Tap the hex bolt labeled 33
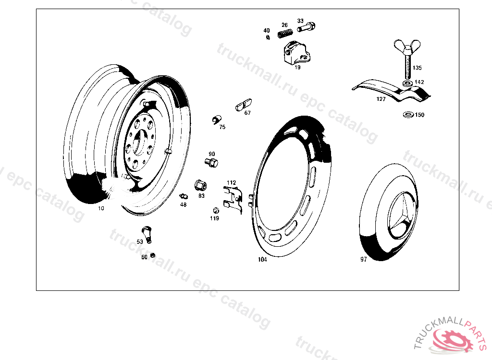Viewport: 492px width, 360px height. click(306, 27)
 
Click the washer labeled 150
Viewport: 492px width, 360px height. click(408, 114)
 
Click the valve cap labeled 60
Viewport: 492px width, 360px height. click(153, 255)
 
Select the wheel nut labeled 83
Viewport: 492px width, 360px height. click(200, 185)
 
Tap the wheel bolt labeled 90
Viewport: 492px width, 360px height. click(211, 163)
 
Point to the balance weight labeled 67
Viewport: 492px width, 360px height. click(244, 105)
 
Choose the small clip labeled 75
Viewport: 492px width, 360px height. click(216, 120)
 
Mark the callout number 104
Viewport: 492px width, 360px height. click(262, 259)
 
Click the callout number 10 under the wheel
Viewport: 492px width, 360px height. click(101, 208)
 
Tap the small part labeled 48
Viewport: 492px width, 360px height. click(184, 197)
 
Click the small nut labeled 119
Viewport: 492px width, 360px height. click(216, 210)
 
